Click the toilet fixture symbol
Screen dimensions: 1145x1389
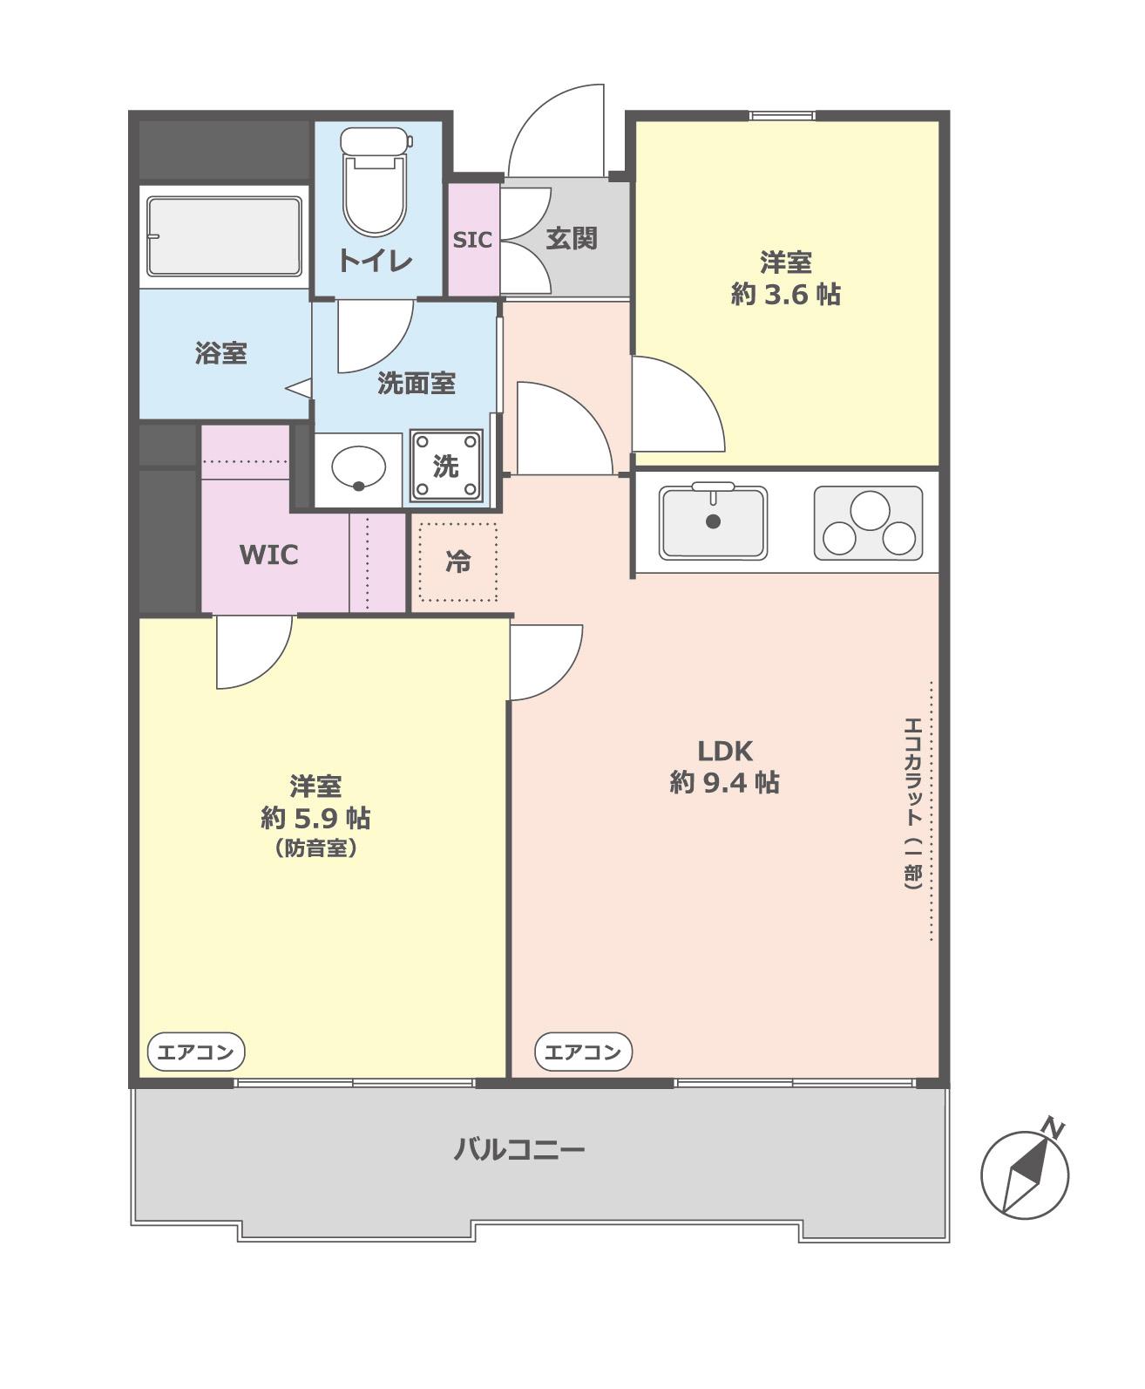[375, 181]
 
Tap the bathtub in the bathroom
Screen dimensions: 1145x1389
[224, 236]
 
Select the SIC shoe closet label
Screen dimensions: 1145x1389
[473, 240]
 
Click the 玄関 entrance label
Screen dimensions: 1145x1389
[572, 239]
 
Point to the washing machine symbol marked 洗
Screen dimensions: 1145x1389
[446, 466]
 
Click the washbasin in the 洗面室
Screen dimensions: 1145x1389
[358, 467]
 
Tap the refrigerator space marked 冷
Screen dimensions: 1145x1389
[457, 562]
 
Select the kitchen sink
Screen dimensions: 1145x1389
[713, 522]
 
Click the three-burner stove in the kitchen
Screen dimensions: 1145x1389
[869, 523]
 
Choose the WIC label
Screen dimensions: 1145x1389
[268, 555]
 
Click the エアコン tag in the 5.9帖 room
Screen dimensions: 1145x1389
[195, 1052]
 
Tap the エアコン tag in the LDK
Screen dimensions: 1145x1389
[583, 1052]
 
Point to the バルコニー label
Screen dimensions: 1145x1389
[519, 1149]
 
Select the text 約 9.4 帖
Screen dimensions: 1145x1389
[725, 783]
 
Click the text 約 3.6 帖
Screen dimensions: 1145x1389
[786, 294]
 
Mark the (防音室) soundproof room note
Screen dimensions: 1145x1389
[315, 848]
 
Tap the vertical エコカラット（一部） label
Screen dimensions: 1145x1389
[913, 804]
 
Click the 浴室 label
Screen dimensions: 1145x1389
[221, 353]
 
